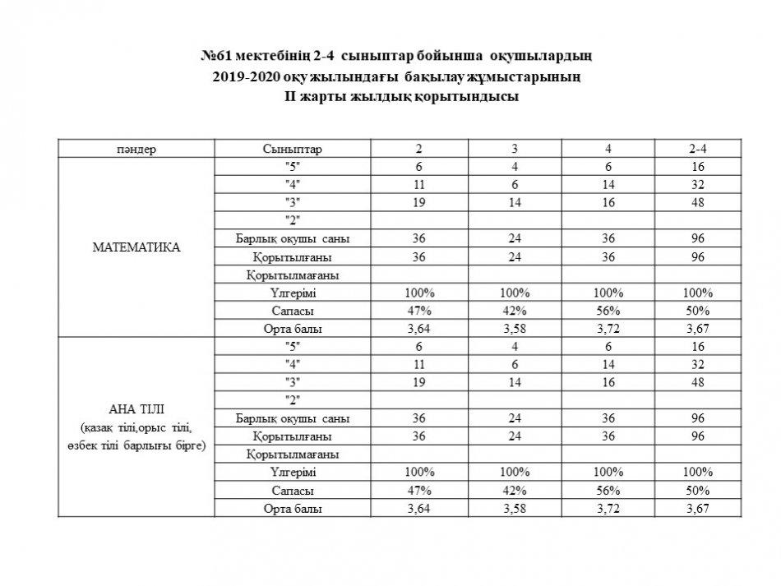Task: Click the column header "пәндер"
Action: [x=136, y=149]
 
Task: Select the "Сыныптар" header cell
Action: [x=293, y=149]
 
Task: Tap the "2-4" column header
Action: [x=699, y=149]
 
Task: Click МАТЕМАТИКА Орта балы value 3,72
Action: [x=608, y=329]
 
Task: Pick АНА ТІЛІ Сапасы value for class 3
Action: [x=515, y=491]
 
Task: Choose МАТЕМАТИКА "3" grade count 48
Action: [x=699, y=203]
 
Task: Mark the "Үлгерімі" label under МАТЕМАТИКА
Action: [x=293, y=293]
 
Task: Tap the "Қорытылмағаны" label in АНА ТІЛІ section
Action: [x=293, y=454]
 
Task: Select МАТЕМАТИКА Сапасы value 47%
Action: [x=419, y=311]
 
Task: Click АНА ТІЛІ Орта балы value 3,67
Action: [x=699, y=509]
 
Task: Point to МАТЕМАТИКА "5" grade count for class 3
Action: [x=515, y=167]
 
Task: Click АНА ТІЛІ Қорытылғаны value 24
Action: [x=515, y=436]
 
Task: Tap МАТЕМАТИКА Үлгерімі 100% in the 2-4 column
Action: [x=699, y=293]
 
